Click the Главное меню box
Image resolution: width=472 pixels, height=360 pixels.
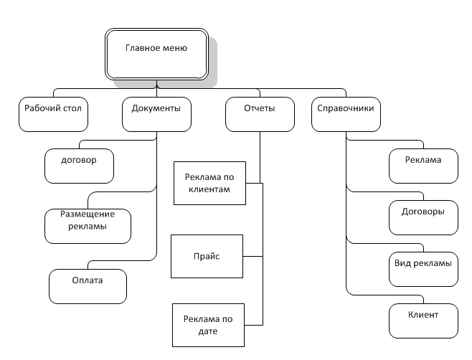tap(156, 55)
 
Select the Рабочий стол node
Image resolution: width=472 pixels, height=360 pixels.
tap(53, 114)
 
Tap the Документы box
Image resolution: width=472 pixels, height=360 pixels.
tap(156, 114)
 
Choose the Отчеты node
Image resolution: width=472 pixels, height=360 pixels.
tap(260, 114)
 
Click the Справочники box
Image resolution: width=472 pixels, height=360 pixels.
tap(346, 114)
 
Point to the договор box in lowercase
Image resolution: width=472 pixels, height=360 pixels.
tap(79, 166)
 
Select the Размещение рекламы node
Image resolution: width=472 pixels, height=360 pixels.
tap(88, 226)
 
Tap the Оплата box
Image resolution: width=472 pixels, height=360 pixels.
tap(88, 286)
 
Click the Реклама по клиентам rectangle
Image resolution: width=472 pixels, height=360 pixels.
tap(209, 183)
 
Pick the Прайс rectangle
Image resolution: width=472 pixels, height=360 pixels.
tap(207, 256)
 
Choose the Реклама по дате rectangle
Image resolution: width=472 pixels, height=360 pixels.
tap(208, 325)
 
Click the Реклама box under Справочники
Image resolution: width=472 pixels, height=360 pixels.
tap(423, 166)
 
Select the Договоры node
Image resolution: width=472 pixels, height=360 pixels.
tap(423, 217)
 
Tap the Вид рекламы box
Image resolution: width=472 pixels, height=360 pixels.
tap(423, 269)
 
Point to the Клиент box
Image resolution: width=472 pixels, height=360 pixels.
tap(423, 321)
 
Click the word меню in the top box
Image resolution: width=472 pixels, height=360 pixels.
tap(174, 48)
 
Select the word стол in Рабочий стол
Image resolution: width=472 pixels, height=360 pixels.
tap(72, 108)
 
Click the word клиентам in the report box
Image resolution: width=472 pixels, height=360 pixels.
tap(209, 189)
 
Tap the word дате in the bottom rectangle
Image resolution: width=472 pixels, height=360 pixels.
tap(208, 331)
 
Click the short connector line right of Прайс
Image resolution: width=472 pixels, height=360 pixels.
tap(252, 256)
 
